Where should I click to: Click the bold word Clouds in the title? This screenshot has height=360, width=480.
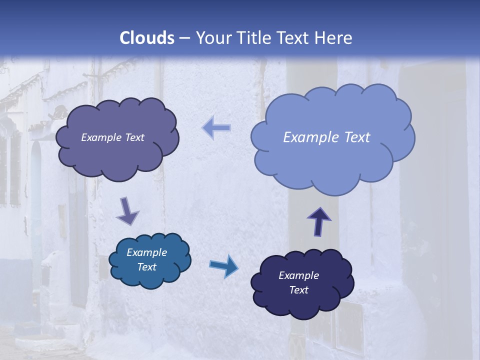(147, 38)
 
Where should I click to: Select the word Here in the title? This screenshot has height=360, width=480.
(333, 38)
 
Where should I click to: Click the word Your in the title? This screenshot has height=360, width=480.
(212, 38)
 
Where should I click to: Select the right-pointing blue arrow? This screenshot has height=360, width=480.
(223, 265)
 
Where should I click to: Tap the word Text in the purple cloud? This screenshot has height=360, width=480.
(134, 137)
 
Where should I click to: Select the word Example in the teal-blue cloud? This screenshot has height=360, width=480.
(146, 252)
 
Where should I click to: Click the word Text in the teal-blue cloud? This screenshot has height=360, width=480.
(146, 267)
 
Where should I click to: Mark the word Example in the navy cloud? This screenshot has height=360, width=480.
(298, 275)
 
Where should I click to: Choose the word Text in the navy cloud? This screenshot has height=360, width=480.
(298, 290)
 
